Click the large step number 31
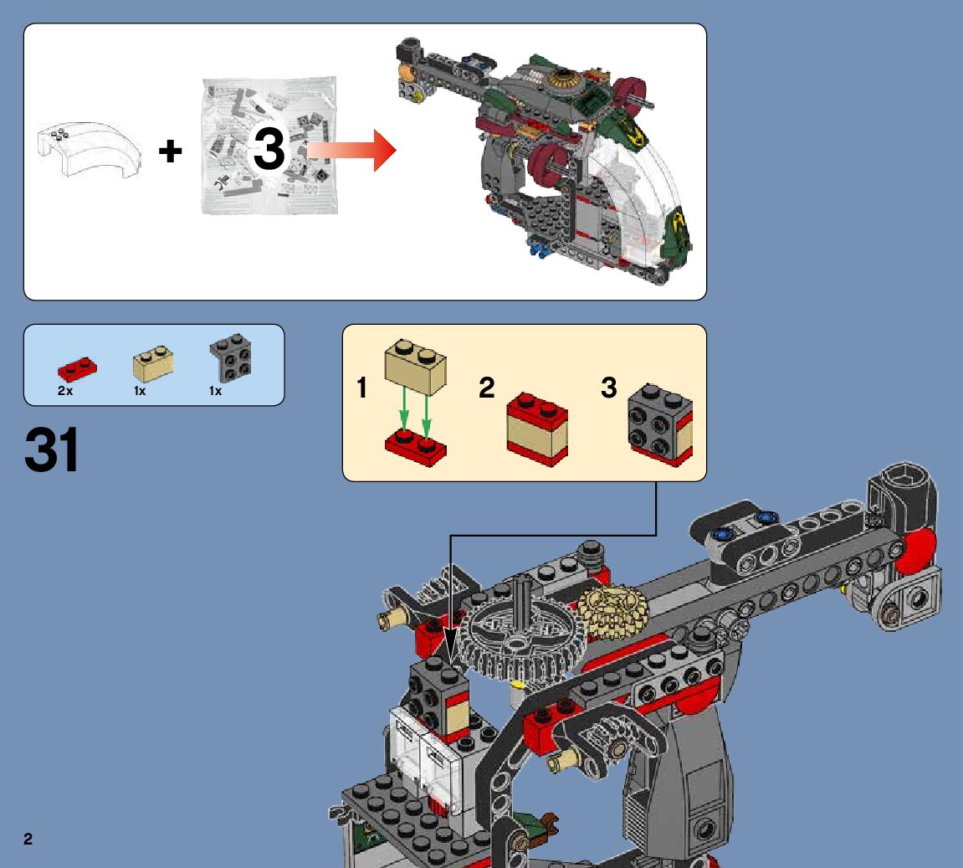[52, 450]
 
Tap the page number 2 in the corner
[28, 840]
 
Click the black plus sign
[171, 152]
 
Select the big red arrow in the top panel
[351, 151]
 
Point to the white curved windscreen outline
[88, 150]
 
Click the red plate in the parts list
[77, 367]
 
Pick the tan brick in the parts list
[153, 363]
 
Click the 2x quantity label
[65, 391]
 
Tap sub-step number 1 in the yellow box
[361, 388]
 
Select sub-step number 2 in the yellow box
[487, 388]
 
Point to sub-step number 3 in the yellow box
[609, 388]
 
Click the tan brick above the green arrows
[415, 367]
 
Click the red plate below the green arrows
[415, 444]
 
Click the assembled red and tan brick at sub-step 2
[537, 428]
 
